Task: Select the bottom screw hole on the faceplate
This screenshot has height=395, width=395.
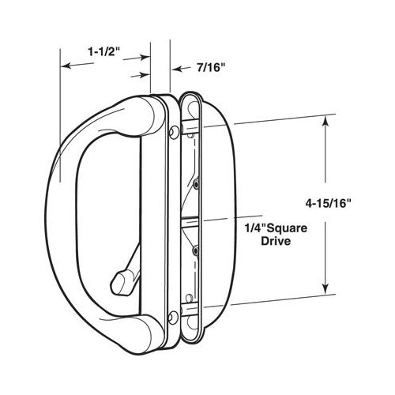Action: [171, 317]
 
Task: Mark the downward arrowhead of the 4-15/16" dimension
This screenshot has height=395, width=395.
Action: [324, 290]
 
